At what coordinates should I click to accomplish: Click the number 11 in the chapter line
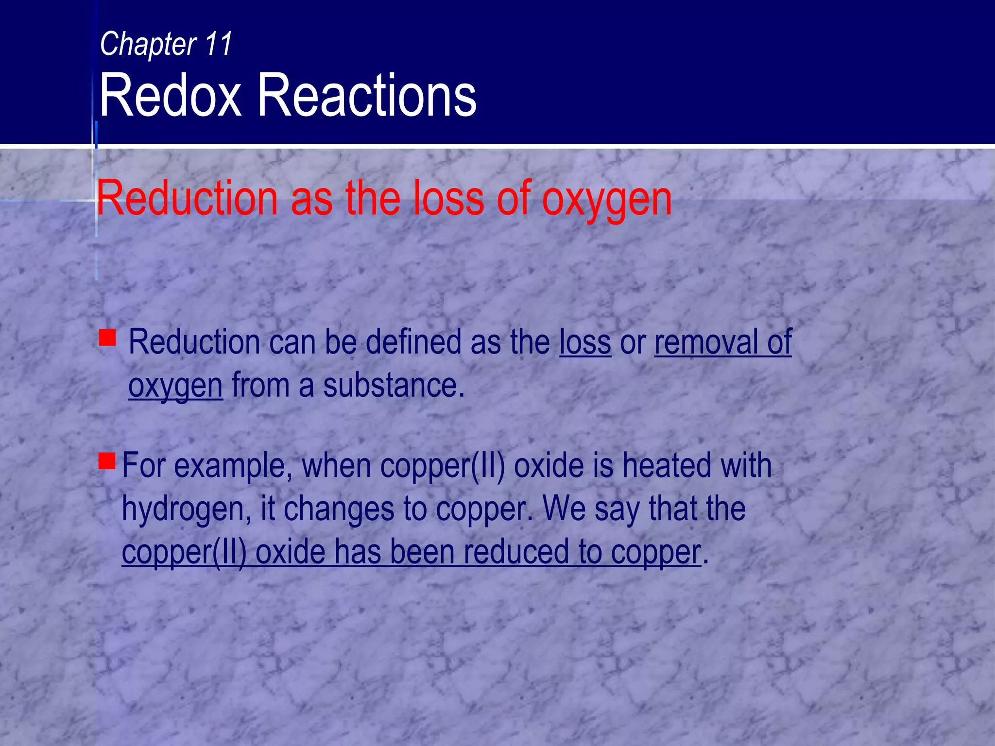point(219,44)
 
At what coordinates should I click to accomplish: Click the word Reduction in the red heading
point(187,198)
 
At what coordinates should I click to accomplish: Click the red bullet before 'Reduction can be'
point(107,338)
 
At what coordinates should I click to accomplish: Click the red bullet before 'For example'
point(107,460)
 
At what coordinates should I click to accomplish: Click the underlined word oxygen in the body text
point(175,386)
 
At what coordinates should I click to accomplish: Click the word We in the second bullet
point(564,509)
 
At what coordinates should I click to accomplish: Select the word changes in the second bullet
point(339,509)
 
